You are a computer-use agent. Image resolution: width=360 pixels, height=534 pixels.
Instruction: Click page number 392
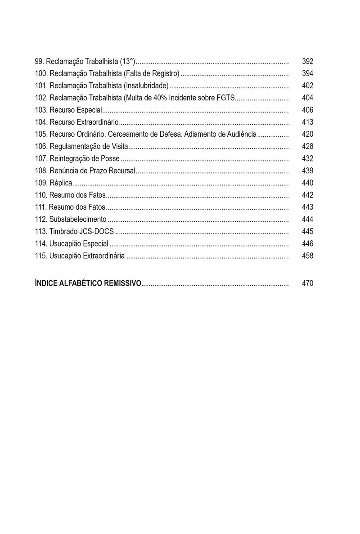coord(307,62)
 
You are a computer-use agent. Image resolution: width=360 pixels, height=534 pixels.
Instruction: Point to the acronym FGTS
coord(226,98)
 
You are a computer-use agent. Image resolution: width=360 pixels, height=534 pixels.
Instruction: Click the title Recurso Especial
coord(76,110)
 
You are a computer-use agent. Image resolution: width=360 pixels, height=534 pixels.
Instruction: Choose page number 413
coord(307,122)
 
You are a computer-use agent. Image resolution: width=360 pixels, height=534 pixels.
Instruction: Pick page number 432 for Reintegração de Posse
coord(307,159)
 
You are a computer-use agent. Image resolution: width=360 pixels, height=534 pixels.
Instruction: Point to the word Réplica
coord(61,183)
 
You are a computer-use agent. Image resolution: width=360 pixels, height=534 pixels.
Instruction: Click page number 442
coord(307,195)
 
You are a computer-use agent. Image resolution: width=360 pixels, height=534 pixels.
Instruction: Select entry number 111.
coord(40,207)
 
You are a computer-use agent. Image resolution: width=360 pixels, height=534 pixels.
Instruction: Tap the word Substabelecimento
coord(78,220)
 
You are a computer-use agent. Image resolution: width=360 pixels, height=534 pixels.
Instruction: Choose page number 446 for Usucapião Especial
coord(307,244)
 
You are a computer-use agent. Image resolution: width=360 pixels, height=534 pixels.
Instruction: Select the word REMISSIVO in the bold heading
coord(122,283)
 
